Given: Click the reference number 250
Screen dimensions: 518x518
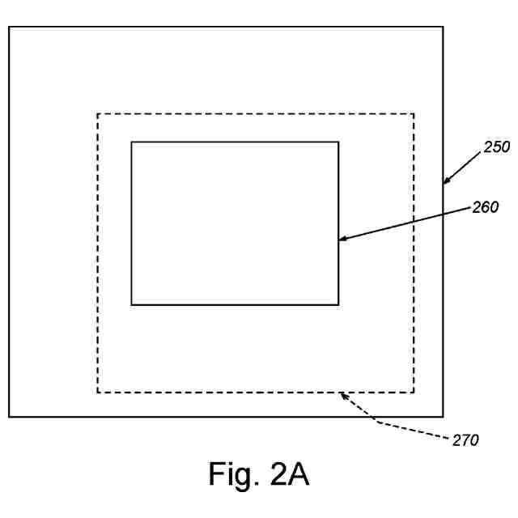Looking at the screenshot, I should pyautogui.click(x=496, y=147).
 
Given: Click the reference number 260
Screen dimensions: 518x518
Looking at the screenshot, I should pyautogui.click(x=485, y=207).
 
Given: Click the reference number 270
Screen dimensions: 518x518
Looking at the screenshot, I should pyautogui.click(x=465, y=440).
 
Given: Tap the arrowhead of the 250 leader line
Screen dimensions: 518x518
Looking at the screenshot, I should pyautogui.click(x=445, y=183).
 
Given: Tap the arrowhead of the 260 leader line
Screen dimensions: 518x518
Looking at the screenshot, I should pyautogui.click(x=341, y=239).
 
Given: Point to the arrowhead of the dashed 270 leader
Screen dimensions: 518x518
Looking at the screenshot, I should pyautogui.click(x=342, y=394).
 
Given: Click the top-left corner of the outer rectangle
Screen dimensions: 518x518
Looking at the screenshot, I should pyautogui.click(x=9, y=27).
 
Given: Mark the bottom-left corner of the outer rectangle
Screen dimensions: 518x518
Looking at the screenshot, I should pyautogui.click(x=9, y=417).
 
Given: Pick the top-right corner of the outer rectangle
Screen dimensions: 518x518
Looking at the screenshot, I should pyautogui.click(x=443, y=27).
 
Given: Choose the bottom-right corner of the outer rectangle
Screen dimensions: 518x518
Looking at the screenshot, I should pyautogui.click(x=443, y=417).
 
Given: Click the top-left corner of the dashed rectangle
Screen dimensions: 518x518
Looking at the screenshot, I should pyautogui.click(x=98, y=114).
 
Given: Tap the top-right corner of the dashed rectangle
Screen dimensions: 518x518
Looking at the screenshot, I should pyautogui.click(x=414, y=114).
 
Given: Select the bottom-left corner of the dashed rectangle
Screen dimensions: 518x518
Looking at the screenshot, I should pyautogui.click(x=98, y=393).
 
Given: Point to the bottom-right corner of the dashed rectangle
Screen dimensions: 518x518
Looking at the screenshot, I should pyautogui.click(x=414, y=393).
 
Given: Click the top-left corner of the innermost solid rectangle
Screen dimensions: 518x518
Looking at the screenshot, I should pyautogui.click(x=131, y=142).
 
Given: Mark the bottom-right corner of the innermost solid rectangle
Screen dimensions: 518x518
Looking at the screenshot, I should pyautogui.click(x=338, y=304).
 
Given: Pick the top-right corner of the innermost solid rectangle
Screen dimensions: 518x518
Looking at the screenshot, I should pyautogui.click(x=338, y=142).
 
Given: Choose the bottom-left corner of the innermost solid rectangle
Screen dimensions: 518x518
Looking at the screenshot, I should pyautogui.click(x=131, y=304).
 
